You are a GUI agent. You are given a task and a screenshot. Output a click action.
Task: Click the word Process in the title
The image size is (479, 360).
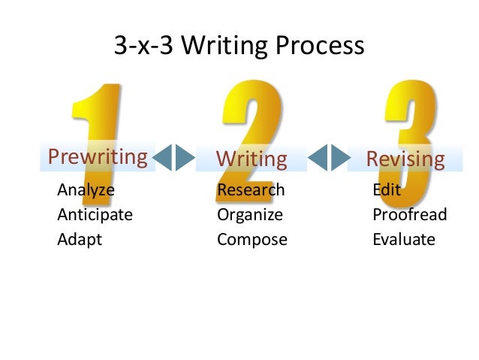point(319,47)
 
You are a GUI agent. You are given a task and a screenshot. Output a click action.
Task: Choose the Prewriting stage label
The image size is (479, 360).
point(97,157)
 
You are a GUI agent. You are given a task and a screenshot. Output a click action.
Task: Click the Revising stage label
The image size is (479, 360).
point(405,159)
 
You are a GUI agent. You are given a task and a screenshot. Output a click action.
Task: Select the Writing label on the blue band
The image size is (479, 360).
point(252,159)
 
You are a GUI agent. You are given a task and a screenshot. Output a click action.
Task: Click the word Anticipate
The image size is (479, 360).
point(95,215)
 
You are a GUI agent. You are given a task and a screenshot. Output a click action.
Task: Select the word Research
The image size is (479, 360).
point(251,189)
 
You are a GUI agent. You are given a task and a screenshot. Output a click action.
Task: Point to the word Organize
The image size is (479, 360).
point(250,215)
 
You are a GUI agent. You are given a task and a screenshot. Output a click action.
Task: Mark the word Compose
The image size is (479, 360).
point(252,241)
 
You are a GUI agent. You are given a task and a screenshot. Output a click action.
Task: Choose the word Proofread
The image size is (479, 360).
point(409,215)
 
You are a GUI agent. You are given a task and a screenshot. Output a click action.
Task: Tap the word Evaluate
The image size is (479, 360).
point(403,241)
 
